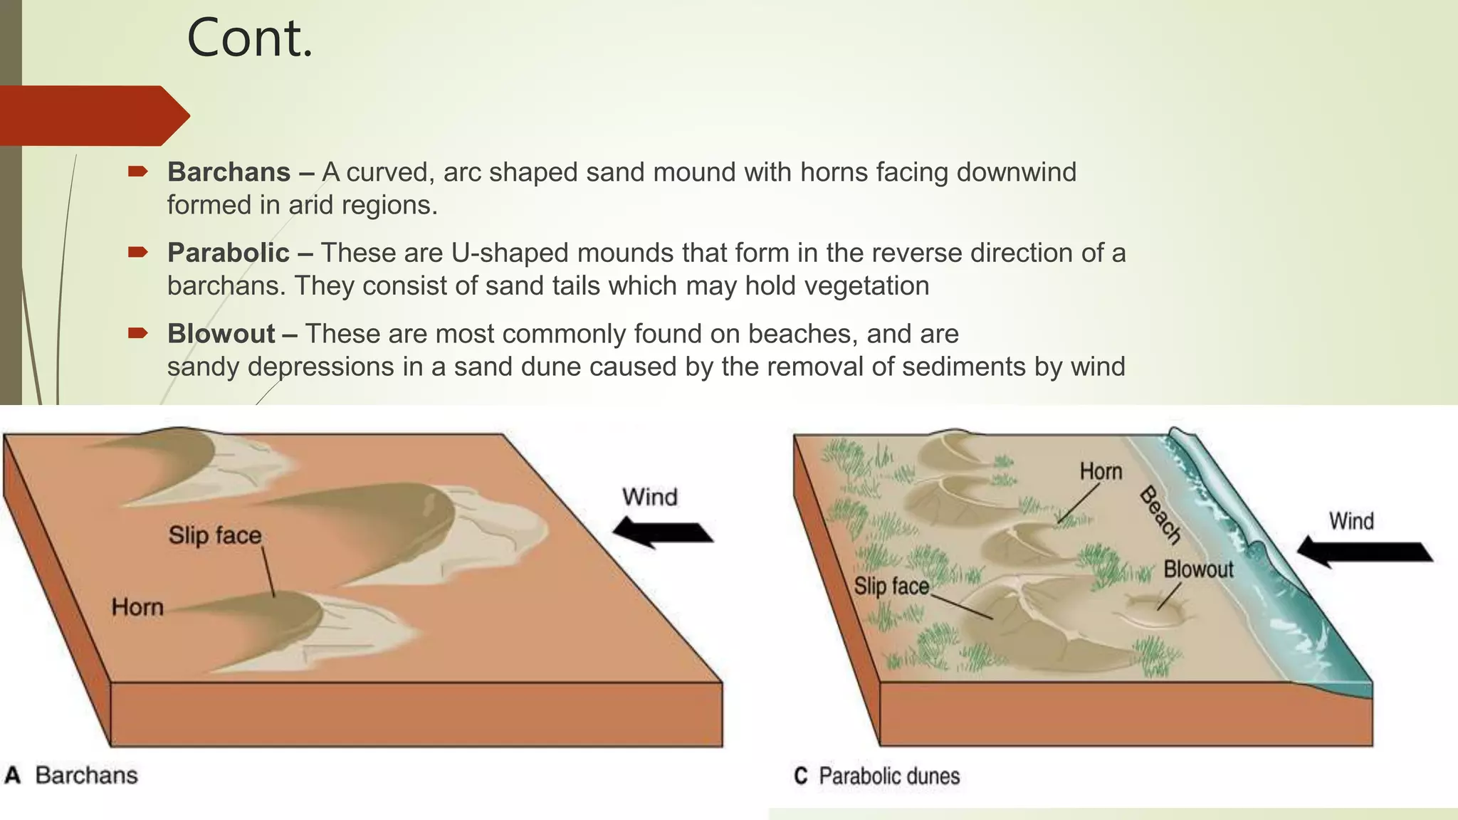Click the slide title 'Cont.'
click(249, 38)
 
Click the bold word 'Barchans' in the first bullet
click(229, 172)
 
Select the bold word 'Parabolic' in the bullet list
click(228, 253)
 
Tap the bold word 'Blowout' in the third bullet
click(221, 334)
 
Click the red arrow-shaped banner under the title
click(93, 115)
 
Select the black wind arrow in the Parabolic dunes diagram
click(1363, 552)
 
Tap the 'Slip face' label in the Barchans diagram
click(215, 535)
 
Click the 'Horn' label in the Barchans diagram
click(137, 607)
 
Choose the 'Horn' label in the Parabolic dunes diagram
click(1101, 471)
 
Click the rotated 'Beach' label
click(1160, 514)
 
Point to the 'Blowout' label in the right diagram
click(1198, 569)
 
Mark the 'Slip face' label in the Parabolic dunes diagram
click(891, 587)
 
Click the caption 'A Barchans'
click(71, 775)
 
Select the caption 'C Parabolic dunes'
click(876, 776)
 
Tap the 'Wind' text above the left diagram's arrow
click(649, 497)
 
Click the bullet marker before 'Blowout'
click(137, 333)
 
